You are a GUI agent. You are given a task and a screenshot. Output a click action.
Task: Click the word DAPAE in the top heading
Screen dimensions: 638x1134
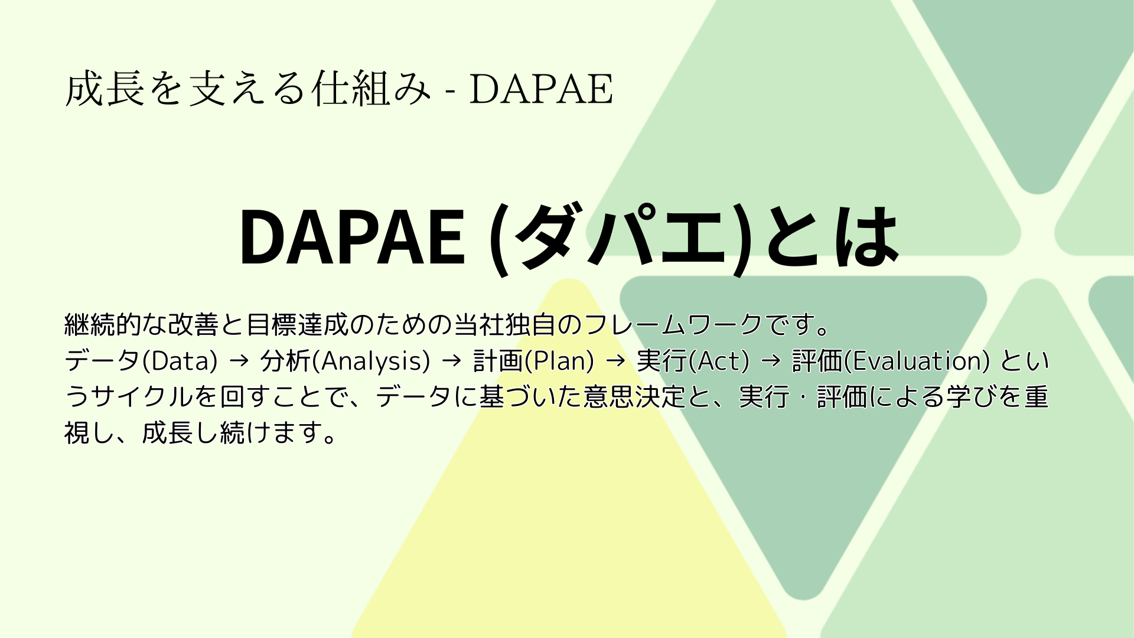(x=541, y=90)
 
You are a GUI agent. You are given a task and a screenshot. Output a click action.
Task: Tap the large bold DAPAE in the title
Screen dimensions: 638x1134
(x=352, y=237)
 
